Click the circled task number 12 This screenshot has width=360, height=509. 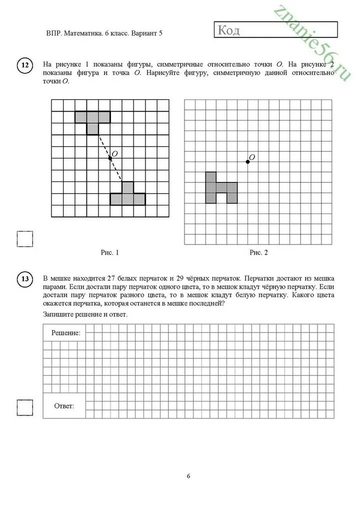(25, 65)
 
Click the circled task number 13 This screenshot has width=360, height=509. (25, 279)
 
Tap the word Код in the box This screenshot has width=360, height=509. (229, 30)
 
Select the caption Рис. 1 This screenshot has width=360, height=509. (110, 253)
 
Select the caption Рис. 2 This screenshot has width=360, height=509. (259, 253)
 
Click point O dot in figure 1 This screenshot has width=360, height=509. (110, 158)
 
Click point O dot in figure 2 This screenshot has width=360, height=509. (247, 161)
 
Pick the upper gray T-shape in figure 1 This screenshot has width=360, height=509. (92, 118)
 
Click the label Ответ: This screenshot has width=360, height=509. (64, 406)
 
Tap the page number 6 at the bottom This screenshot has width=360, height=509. (188, 476)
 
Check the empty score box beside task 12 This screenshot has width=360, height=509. (25, 239)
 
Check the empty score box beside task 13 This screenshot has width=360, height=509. (25, 408)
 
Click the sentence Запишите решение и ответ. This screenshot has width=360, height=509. (85, 314)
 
